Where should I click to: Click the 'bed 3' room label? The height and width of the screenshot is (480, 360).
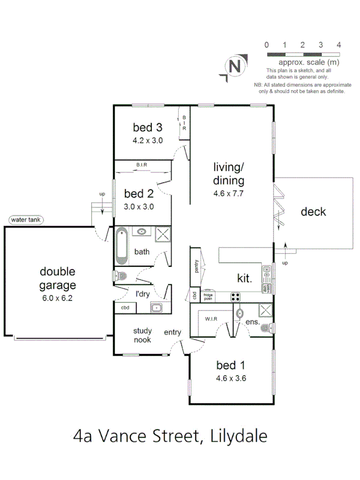(x=147, y=127)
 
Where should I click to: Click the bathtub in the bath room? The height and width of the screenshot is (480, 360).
(x=122, y=245)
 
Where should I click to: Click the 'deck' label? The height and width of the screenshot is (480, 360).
(x=313, y=212)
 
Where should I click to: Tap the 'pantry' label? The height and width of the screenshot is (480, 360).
(x=196, y=265)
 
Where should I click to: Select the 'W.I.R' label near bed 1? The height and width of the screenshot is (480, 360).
(x=209, y=319)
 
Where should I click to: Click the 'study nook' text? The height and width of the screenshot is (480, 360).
(x=142, y=335)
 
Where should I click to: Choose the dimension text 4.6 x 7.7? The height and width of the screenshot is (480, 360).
(x=228, y=194)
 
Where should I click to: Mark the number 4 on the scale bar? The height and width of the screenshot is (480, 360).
(x=339, y=44)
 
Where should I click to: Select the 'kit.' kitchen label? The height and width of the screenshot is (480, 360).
(x=245, y=277)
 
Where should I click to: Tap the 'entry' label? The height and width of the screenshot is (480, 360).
(x=172, y=332)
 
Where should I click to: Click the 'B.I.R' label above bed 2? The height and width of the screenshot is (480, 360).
(x=141, y=165)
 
